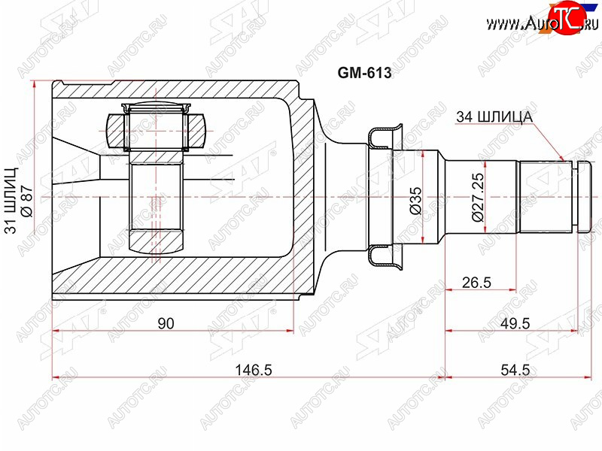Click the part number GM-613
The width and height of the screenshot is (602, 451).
364,72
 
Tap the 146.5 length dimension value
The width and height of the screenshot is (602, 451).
254,370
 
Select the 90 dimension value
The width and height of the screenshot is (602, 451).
166,324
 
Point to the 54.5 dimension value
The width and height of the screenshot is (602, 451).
515,370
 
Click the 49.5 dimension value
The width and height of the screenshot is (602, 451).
515,324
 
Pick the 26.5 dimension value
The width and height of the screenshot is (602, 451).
476,283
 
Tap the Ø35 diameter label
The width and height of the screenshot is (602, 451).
416,200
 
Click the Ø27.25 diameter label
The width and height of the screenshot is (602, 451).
479,197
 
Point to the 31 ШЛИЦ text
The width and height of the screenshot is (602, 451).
11,200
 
